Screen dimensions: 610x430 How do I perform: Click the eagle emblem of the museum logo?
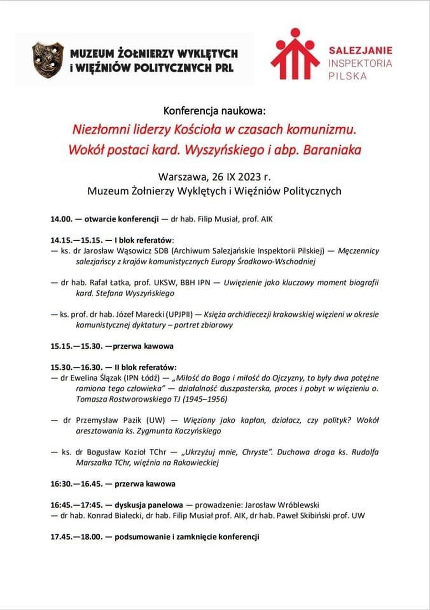tap(48, 60)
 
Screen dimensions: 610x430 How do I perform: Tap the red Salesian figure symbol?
tap(295, 54)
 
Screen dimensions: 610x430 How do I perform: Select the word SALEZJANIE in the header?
tap(360, 50)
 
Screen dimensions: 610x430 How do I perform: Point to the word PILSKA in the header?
tap(348, 76)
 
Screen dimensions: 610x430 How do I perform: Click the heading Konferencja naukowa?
tap(214, 112)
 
